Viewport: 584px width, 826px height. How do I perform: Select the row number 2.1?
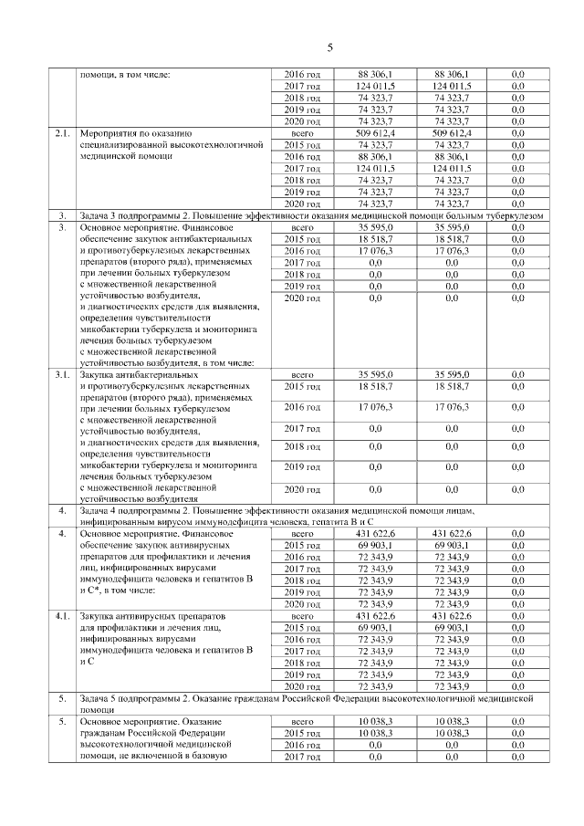(62, 133)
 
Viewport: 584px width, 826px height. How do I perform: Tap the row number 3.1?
(62, 375)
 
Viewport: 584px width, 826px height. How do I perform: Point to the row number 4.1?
(62, 617)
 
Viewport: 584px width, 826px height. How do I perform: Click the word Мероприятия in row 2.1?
(110, 133)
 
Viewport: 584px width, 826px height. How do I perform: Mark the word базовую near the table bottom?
(207, 756)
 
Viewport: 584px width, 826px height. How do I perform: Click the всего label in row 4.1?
(301, 617)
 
